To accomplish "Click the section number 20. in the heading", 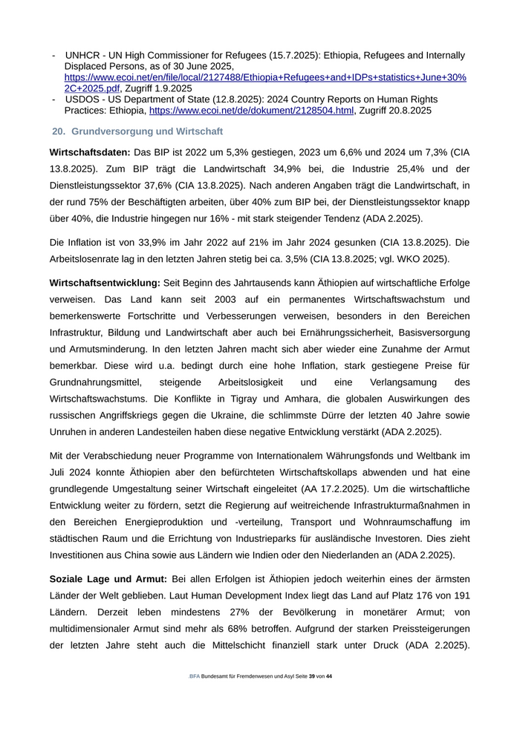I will [x=59, y=131].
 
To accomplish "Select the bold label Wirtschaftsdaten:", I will [x=90, y=152].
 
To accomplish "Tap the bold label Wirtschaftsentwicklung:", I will [x=104, y=284].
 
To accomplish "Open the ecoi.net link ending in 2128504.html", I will [x=251, y=111].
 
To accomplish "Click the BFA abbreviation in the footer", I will [x=195, y=676].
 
